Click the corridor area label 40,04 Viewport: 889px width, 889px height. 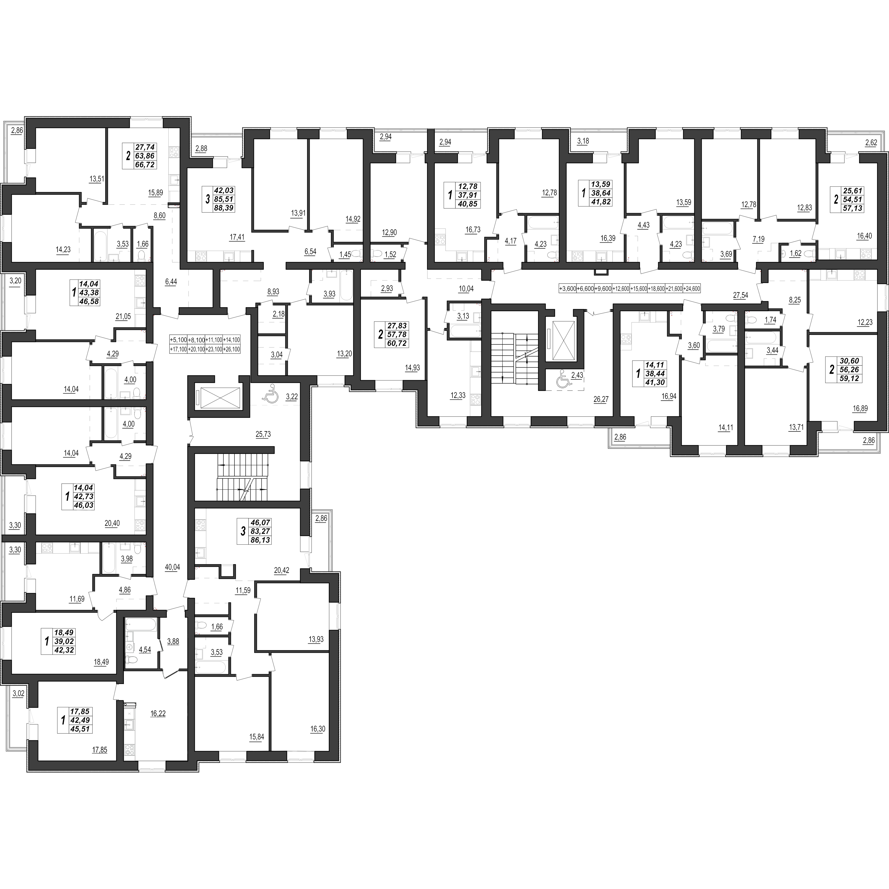tap(172, 567)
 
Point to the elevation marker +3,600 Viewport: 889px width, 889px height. tap(567, 289)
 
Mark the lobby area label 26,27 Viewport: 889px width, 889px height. tap(601, 399)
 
